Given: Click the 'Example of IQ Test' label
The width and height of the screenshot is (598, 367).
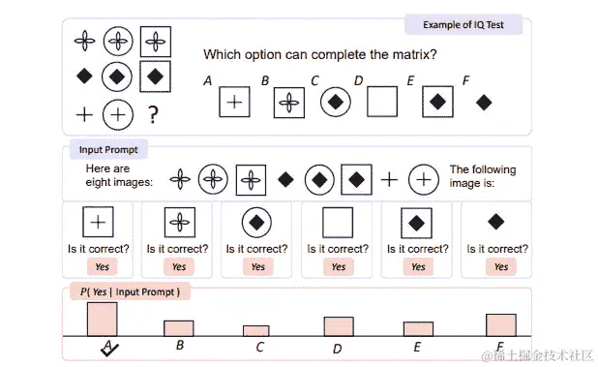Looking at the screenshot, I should (x=463, y=25).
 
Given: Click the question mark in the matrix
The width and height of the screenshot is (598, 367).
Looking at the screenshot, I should (x=153, y=115).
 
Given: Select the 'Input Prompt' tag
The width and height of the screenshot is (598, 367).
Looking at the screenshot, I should (x=106, y=150).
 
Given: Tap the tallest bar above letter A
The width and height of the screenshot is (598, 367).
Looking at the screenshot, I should (x=102, y=319).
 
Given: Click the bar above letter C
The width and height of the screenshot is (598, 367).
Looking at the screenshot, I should (x=255, y=330).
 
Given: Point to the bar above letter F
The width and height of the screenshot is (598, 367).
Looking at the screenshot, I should (x=500, y=324).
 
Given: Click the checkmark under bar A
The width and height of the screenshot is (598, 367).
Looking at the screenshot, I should (x=108, y=350).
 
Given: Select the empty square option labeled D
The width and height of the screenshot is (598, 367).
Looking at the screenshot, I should (x=382, y=101).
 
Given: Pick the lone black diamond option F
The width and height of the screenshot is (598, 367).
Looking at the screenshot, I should (x=484, y=102).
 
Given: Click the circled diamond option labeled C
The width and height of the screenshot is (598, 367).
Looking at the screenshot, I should (x=335, y=101).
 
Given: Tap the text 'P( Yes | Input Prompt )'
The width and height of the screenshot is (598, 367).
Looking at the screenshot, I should (x=130, y=291).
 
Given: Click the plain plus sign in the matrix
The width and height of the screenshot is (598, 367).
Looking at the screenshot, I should (x=84, y=115).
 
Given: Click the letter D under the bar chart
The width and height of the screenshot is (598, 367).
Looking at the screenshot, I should (x=337, y=349).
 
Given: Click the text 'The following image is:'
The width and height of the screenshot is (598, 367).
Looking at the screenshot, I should (x=483, y=176).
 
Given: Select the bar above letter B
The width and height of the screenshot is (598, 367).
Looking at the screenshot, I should (x=178, y=327).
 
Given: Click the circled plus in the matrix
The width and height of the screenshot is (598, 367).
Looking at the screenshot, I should (x=118, y=114).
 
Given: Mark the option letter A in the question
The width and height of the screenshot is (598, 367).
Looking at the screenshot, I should (x=207, y=81).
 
